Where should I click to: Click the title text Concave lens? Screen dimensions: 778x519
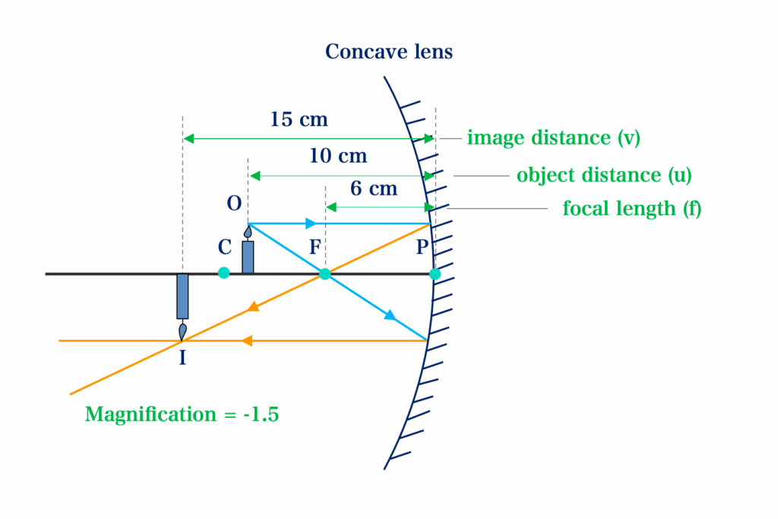[388, 52]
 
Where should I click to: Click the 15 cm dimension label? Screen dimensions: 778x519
[299, 119]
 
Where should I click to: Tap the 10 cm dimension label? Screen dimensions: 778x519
[338, 157]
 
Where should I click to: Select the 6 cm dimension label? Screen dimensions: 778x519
[374, 188]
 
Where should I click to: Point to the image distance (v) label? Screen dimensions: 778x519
[553, 138]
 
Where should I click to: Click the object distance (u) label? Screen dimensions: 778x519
[604, 175]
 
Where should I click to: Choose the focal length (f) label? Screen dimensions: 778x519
[631, 208]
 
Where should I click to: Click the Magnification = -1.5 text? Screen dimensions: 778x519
[182, 414]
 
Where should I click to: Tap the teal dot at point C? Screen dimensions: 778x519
[224, 272]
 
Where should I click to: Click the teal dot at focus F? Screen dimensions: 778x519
[324, 274]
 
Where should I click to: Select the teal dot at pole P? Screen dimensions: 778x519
[435, 274]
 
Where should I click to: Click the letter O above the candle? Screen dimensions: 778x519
[234, 204]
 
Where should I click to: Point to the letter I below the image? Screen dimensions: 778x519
[182, 358]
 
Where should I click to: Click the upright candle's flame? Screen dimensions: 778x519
[248, 232]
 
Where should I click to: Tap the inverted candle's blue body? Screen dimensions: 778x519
[182, 296]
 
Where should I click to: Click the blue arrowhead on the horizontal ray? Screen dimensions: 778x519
[311, 223]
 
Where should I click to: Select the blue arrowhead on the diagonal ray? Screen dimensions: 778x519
[391, 315]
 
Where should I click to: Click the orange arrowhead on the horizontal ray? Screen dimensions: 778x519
[247, 341]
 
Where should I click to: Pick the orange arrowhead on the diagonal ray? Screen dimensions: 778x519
[254, 307]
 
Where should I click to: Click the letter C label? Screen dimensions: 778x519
[225, 247]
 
